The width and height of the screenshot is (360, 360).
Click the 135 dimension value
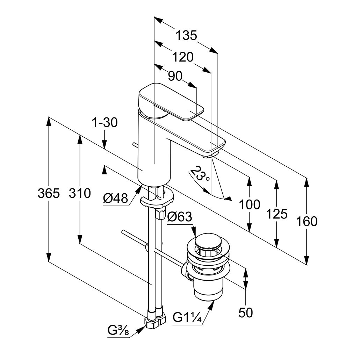(186, 35)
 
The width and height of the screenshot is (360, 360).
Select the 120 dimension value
(183, 57)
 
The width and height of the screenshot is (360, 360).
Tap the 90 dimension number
(175, 76)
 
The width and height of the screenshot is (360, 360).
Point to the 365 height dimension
(49, 193)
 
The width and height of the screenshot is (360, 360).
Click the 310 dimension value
(80, 193)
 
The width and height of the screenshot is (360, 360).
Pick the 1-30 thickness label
(105, 123)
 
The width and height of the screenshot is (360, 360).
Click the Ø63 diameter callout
(180, 217)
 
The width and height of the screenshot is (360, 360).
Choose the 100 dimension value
(250, 204)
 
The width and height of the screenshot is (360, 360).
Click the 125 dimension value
(277, 214)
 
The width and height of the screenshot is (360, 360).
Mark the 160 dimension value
(307, 222)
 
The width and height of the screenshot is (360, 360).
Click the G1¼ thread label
(187, 318)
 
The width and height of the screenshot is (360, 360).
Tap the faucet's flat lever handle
(171, 101)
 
